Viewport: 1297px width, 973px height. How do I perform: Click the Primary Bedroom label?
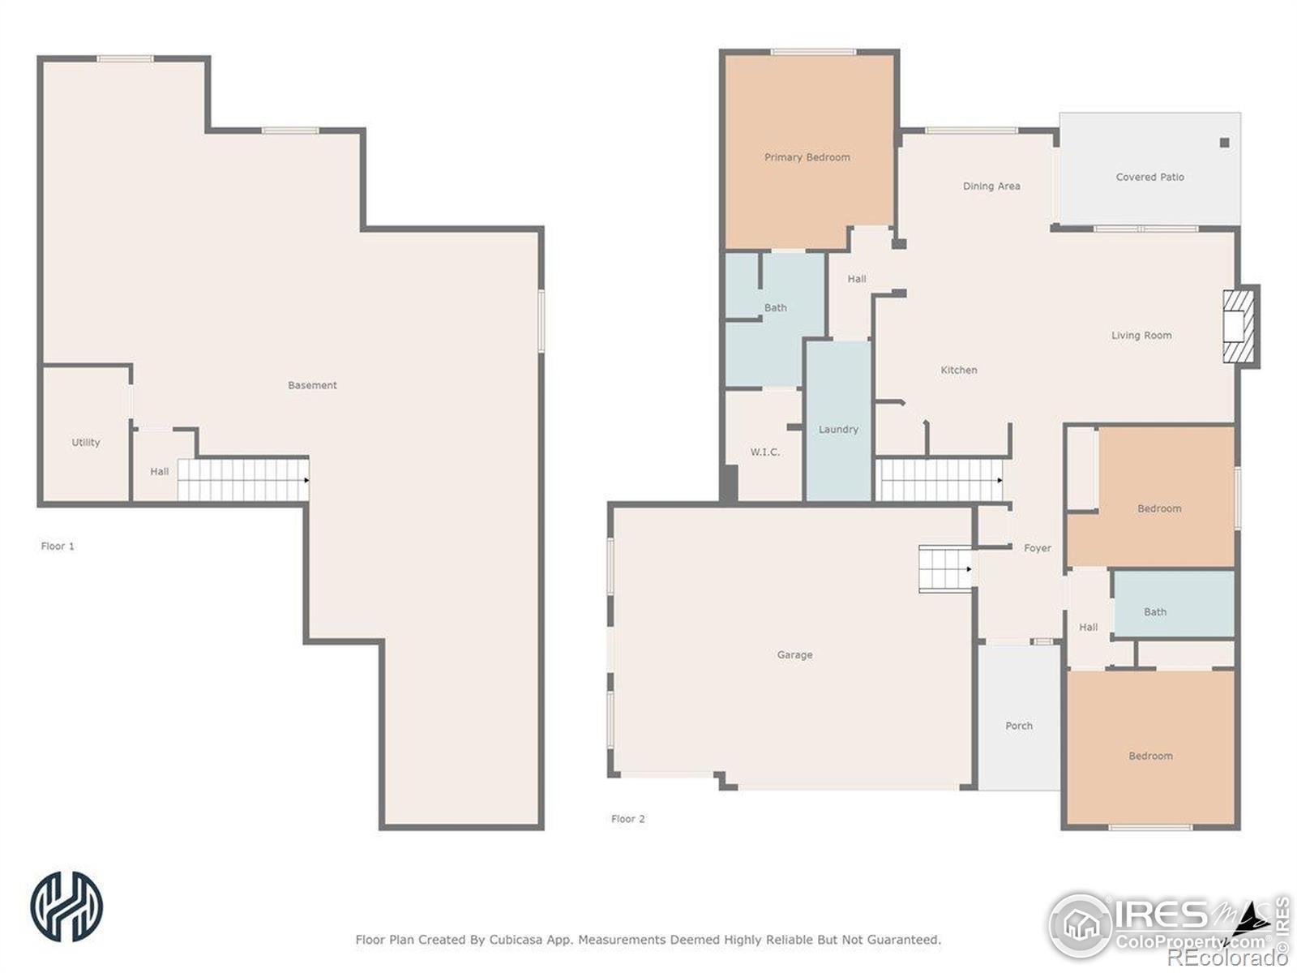coord(807,157)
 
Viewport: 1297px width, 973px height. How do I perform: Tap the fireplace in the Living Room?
coord(1239,326)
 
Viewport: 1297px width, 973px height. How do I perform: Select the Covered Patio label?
coord(1149,177)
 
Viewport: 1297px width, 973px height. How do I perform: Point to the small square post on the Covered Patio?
coord(1224,143)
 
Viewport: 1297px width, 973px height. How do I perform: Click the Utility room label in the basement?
coord(86,442)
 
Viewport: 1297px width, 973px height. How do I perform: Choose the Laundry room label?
coord(838,430)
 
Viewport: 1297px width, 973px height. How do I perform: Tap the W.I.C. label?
coord(764,452)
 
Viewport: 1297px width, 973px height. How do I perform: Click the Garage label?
coord(794,654)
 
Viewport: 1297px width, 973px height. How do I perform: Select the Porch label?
coord(1019,726)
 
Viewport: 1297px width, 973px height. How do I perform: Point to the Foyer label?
coord(1037,548)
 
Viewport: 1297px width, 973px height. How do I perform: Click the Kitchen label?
coord(958,370)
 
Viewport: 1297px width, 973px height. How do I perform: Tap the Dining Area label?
coord(991,186)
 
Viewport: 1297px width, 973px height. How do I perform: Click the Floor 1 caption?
coord(58,546)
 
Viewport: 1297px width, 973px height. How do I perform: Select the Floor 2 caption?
coord(627,818)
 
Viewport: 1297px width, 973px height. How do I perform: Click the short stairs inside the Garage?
coord(945,569)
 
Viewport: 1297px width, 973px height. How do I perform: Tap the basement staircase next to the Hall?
coord(243,480)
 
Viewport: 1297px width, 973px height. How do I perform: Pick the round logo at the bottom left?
coord(66,906)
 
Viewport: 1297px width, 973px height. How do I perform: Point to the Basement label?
coord(312,385)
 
